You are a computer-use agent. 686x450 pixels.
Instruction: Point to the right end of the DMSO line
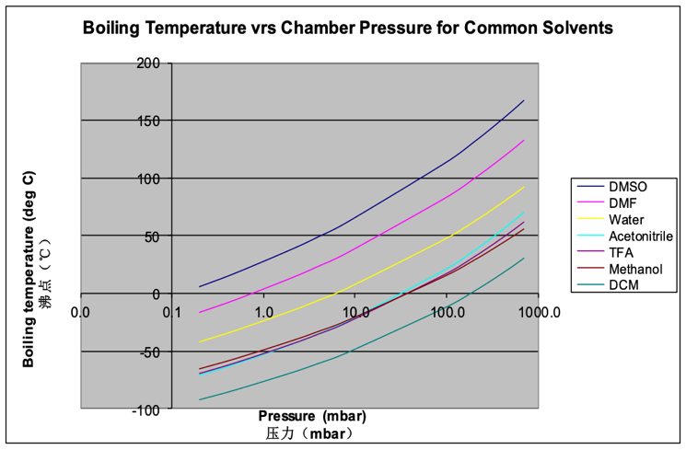[524, 100]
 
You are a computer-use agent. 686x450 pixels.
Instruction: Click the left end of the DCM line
[200, 399]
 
